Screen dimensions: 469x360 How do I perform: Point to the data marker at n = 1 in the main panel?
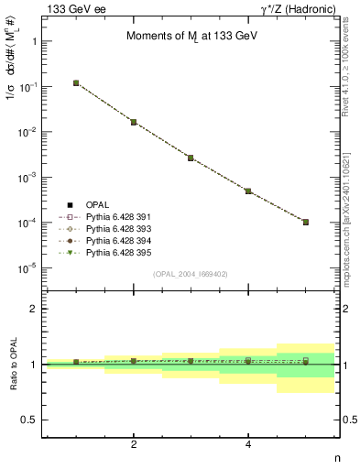pyautogui.click(x=76, y=82)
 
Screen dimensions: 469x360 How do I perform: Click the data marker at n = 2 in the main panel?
pyautogui.click(x=134, y=122)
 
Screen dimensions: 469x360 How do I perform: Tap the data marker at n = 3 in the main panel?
pyautogui.click(x=191, y=158)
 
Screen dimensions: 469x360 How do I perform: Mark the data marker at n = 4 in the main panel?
pyautogui.click(x=248, y=191)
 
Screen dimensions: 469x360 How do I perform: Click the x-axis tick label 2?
pyautogui.click(x=134, y=445)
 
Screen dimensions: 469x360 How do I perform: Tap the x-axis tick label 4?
pyautogui.click(x=248, y=445)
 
